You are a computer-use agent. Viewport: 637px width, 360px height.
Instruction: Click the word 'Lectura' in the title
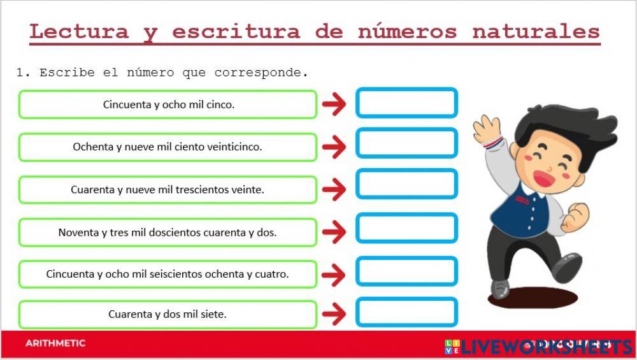[x=79, y=31]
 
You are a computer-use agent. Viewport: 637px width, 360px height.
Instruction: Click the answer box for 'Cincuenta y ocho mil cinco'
[x=406, y=103]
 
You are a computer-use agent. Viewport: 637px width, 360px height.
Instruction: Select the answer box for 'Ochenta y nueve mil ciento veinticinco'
[x=406, y=143]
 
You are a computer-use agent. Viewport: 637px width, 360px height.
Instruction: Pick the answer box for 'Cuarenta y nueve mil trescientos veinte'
[x=406, y=185]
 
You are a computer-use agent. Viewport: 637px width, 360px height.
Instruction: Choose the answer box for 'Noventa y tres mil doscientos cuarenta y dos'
[x=406, y=228]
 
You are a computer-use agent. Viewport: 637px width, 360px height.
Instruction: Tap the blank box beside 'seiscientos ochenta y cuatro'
[x=406, y=271]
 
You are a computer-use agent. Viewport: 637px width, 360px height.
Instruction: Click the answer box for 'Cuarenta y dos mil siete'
[x=406, y=312]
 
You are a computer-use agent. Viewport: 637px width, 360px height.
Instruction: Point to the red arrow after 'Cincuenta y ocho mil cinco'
[x=334, y=104]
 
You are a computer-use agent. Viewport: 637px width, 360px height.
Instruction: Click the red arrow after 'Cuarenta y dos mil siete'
[x=334, y=314]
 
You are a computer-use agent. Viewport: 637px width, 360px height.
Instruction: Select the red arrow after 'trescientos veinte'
[x=334, y=189]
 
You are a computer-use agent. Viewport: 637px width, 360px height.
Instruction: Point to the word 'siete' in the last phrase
[x=213, y=314]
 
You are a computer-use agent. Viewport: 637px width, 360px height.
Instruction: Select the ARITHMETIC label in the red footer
[x=55, y=343]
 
